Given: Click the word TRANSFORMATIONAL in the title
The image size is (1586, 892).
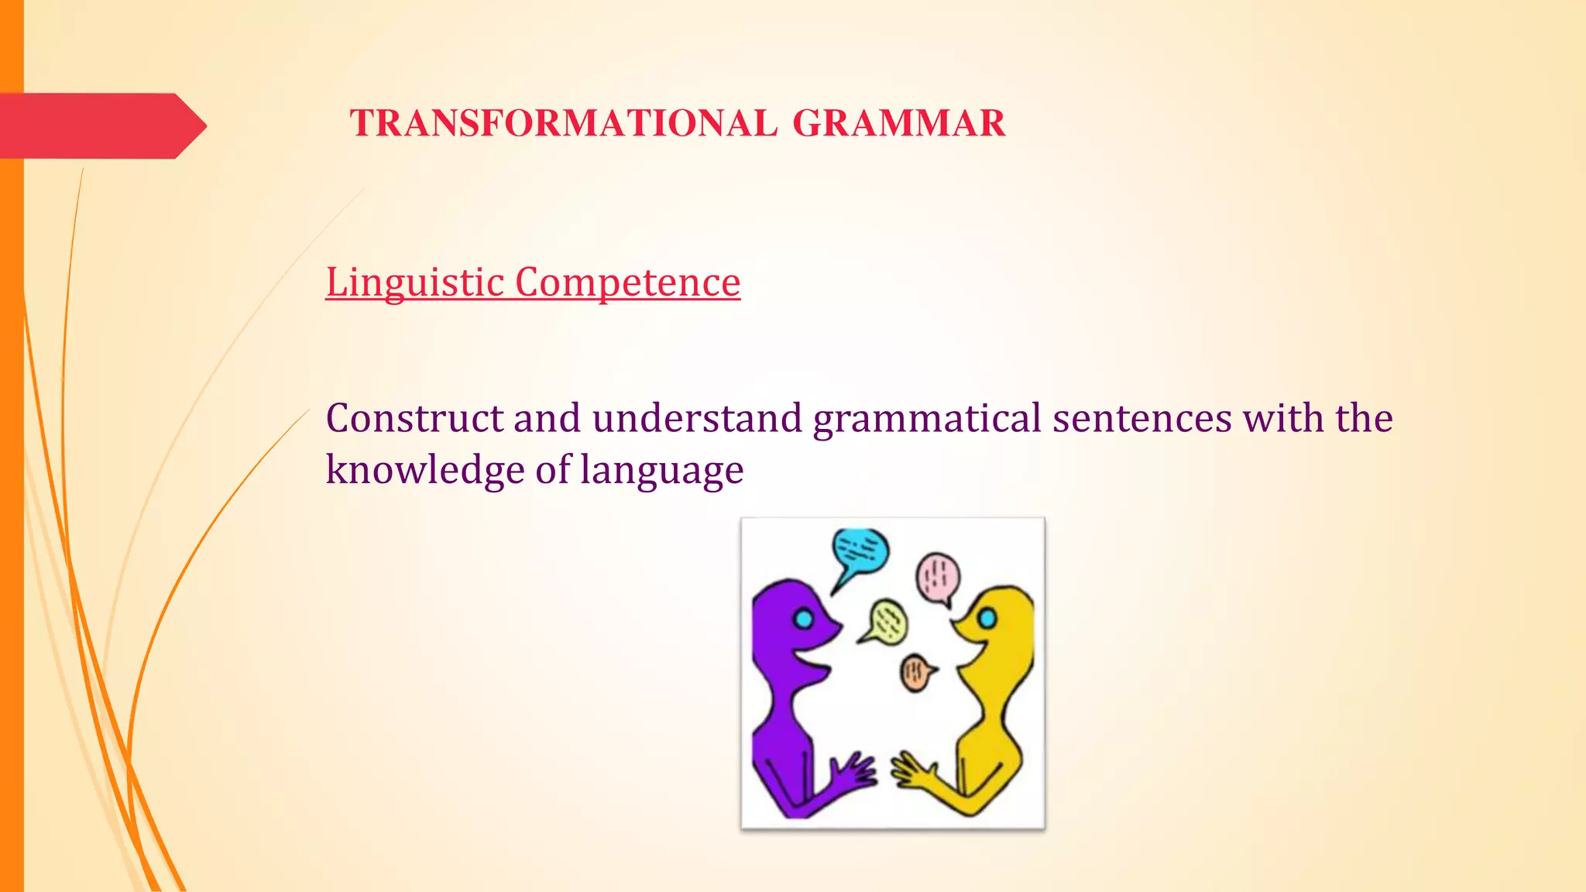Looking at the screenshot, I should pyautogui.click(x=563, y=124).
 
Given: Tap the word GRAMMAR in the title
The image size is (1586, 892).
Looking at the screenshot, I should pyautogui.click(x=899, y=124).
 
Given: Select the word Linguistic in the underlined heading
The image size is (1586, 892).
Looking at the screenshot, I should pyautogui.click(x=415, y=282).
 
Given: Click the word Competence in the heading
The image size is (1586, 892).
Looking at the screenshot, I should pyautogui.click(x=627, y=282).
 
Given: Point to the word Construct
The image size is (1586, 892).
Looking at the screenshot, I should pyautogui.click(x=414, y=418).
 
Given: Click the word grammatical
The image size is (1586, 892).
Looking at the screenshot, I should pyautogui.click(x=926, y=418).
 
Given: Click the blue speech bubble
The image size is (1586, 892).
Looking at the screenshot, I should pyautogui.click(x=860, y=551).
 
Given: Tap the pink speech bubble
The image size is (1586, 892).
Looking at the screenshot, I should pyautogui.click(x=938, y=578).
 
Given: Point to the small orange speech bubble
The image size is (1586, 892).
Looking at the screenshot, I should pyautogui.click(x=916, y=672).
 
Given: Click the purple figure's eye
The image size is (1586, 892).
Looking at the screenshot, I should pyautogui.click(x=804, y=619).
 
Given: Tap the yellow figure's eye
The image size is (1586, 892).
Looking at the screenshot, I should pyautogui.click(x=986, y=618).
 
